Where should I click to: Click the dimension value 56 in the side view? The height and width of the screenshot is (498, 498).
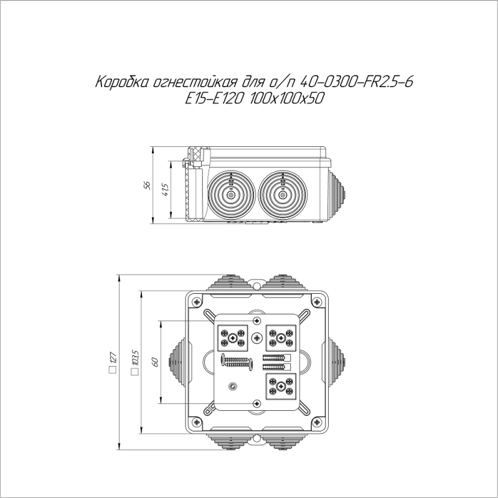tap(148, 186)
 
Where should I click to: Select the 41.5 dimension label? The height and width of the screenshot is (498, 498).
tap(165, 190)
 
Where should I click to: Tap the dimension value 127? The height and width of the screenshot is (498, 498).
tap(113, 363)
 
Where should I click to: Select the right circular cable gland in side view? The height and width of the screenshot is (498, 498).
tap(282, 195)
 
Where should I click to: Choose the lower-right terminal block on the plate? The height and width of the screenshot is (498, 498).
tap(281, 386)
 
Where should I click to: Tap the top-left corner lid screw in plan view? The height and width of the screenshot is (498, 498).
tap(197, 303)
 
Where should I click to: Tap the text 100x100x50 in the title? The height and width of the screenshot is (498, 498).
tap(284, 98)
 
